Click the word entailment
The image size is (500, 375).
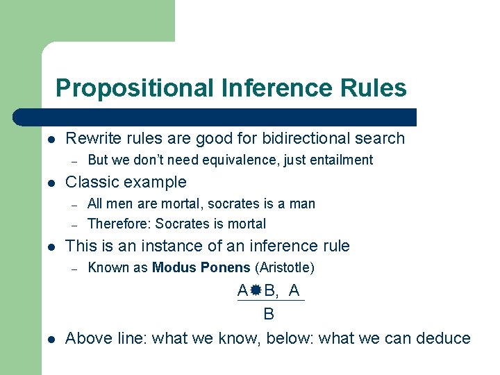[x=342, y=160]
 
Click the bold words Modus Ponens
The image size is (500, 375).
[x=201, y=267]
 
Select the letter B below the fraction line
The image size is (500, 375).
[x=269, y=315]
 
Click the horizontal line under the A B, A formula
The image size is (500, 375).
[x=271, y=301]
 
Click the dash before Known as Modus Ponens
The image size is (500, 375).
[x=74, y=268]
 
